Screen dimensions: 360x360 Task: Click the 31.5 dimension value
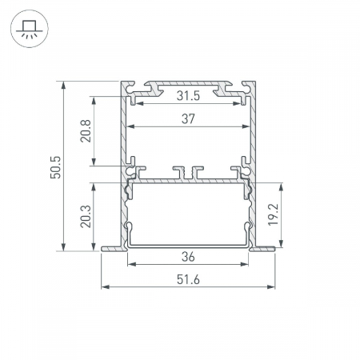(x=188, y=96)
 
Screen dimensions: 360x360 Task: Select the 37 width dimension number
(x=188, y=119)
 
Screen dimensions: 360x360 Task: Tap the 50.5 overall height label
(x=56, y=167)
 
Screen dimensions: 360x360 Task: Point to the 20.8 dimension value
(x=86, y=131)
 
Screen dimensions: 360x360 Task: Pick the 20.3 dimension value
(x=86, y=216)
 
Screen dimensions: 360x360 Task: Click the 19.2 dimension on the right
(x=273, y=214)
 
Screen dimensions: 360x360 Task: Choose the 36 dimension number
(x=188, y=257)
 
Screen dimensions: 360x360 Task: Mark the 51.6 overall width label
(x=188, y=280)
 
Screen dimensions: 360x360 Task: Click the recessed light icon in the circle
(x=30, y=29)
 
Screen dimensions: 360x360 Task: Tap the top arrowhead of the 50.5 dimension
(x=63, y=86)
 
